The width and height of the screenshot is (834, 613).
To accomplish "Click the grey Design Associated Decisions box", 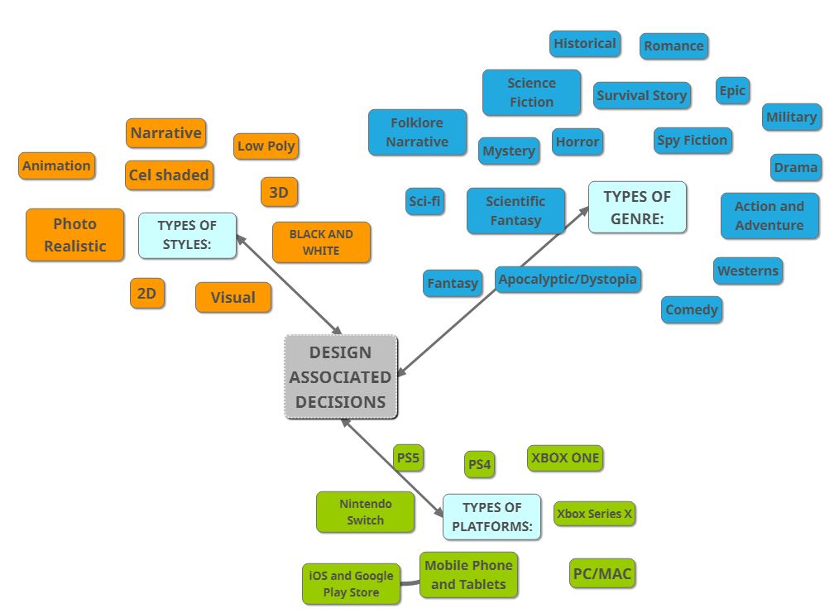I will point(341,377).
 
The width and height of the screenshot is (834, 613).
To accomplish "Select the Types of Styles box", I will point(187,235).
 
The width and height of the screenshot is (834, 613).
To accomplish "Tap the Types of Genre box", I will point(637,207).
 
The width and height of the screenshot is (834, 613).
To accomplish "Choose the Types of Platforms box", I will point(491,517).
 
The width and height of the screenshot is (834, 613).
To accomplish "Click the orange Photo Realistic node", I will point(74,235).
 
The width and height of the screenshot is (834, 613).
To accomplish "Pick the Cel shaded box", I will point(169,175).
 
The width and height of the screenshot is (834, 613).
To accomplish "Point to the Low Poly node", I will point(266,146).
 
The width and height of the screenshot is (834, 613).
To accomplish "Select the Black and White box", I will point(321,242).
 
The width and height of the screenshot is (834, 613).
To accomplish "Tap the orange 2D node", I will point(146,294).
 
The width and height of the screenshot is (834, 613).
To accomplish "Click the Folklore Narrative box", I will point(417,132).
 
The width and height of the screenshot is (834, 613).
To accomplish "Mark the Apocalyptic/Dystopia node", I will point(568,280).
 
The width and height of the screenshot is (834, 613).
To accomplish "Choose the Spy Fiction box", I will point(692,141).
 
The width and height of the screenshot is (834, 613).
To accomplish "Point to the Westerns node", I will point(747,271).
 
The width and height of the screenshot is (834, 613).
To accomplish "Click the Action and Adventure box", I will point(769,216).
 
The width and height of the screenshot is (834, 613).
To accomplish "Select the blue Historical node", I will point(584,44).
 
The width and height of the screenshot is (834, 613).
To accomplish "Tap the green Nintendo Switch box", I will point(365,512).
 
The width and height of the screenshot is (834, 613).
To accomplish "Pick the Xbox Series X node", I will point(593,514).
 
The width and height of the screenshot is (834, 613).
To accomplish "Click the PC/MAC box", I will point(602,573).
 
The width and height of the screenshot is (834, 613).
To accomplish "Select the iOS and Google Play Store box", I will point(351,584).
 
